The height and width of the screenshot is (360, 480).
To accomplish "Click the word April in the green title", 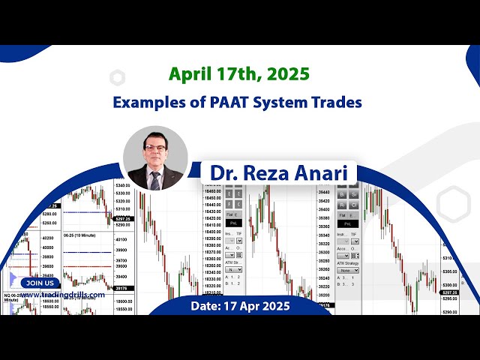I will coord(190,75).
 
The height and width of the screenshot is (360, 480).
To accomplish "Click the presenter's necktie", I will coord(154,181).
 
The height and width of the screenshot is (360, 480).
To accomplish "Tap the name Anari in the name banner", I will coord(324,172).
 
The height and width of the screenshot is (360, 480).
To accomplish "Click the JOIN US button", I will coord(40,283).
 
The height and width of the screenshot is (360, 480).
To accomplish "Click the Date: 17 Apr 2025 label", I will coord(239,306).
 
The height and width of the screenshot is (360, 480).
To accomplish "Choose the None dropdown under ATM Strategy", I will coord(347,270).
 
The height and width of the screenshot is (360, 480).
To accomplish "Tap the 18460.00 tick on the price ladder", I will coord(214,192).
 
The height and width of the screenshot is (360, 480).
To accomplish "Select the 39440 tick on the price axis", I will coord(324,192).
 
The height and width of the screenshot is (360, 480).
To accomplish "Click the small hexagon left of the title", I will coord(117,78).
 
